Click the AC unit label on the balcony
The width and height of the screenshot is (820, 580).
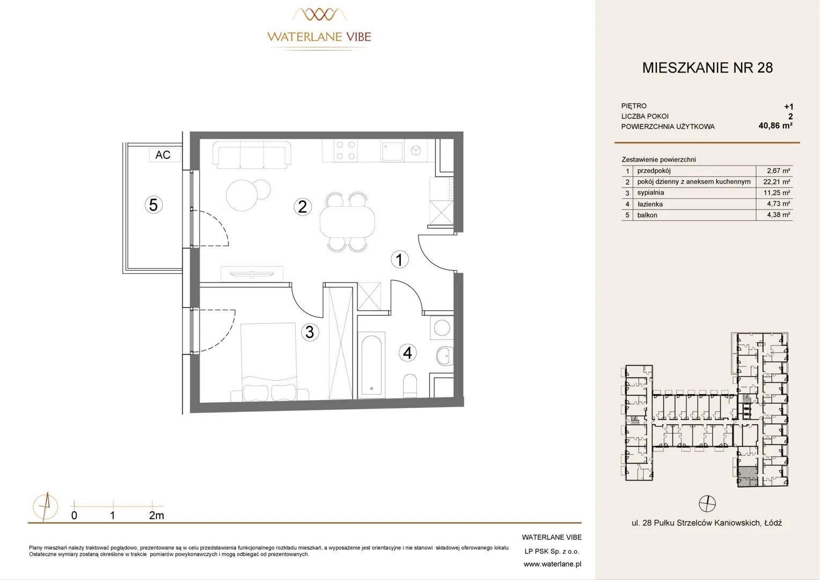[163, 155]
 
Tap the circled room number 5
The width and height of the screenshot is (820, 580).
[153, 205]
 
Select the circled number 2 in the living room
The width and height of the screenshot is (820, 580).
[302, 207]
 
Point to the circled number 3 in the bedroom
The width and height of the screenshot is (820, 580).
[310, 332]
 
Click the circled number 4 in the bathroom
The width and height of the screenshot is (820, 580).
[407, 353]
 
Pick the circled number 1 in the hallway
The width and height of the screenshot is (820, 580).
[399, 259]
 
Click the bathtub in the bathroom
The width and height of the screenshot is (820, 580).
[371, 365]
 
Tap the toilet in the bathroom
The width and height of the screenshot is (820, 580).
[409, 386]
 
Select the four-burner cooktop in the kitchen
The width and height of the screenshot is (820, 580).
[346, 150]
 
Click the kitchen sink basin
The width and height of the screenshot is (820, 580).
[392, 151]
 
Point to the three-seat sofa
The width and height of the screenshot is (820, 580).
[252, 155]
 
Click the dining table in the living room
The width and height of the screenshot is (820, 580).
[347, 222]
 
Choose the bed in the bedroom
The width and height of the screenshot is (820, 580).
[268, 361]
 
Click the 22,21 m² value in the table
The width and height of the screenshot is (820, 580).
[777, 182]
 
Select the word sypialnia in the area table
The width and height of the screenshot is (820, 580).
[650, 193]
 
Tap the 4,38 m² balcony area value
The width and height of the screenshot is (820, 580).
[778, 215]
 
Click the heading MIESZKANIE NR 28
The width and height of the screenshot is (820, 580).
[707, 68]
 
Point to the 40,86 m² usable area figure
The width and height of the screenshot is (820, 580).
[775, 126]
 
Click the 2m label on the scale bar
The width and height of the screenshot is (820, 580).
[156, 516]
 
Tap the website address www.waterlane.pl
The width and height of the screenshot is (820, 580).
[552, 564]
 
